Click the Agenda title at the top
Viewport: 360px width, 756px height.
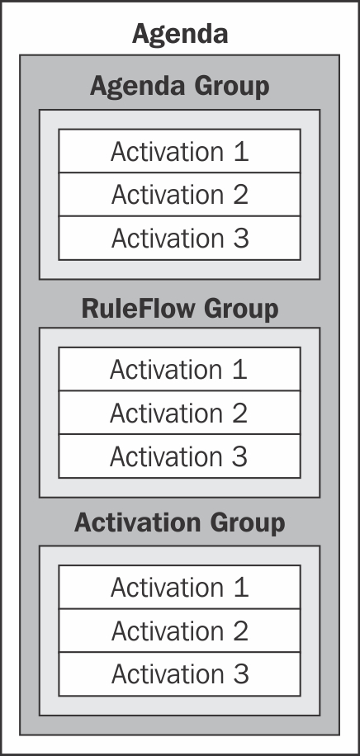tap(180, 35)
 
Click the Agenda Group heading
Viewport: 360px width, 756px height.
tap(179, 87)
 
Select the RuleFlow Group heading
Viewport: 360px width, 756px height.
tap(180, 309)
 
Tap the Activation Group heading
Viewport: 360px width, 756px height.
tap(179, 523)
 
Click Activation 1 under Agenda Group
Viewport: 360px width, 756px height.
tap(179, 151)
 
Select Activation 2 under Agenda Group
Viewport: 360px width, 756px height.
tap(179, 195)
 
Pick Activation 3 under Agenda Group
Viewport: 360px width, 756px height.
tap(180, 239)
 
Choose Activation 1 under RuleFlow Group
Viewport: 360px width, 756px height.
tap(178, 369)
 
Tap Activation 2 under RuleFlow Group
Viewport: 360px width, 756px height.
tap(178, 413)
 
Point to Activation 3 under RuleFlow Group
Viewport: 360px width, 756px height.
tap(178, 456)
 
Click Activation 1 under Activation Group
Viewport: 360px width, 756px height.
tap(179, 588)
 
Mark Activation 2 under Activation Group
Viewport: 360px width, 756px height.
tap(179, 631)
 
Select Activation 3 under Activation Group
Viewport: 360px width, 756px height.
tap(180, 674)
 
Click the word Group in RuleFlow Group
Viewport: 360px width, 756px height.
tap(241, 309)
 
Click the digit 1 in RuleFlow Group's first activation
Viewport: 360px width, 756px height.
tap(239, 369)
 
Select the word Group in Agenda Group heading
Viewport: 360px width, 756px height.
tap(232, 87)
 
